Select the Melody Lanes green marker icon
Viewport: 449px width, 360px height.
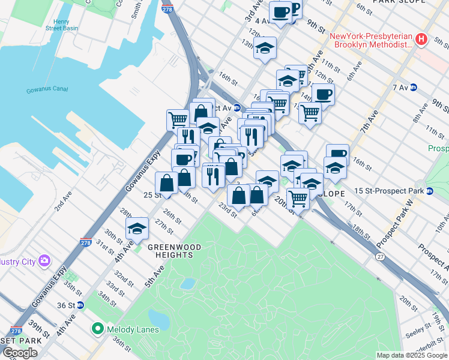coord(97,329)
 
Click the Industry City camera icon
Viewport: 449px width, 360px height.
coord(44,260)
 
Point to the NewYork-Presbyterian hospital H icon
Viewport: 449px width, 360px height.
coord(421,40)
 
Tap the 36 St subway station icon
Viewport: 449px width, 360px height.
coord(80,305)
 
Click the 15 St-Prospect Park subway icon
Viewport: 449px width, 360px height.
coord(430,191)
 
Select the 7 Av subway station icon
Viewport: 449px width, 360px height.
coord(413,88)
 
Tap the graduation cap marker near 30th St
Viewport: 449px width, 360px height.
coord(137,229)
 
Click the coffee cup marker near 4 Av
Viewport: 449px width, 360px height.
coord(280,13)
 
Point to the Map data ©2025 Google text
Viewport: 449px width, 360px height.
coord(411,355)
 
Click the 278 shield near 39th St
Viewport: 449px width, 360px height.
coord(16,331)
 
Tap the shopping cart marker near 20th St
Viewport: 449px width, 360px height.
coord(298,198)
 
